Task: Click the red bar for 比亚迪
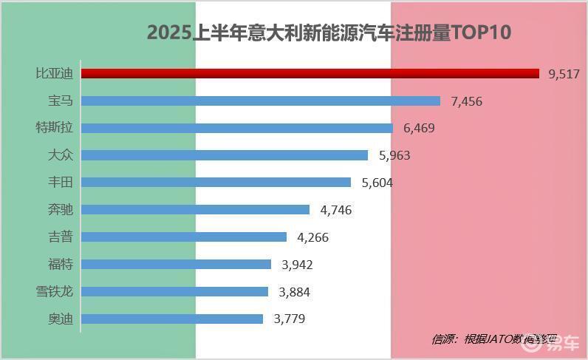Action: click(310, 73)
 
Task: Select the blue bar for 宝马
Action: click(260, 101)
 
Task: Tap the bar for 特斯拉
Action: click(236, 128)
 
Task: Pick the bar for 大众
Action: click(224, 155)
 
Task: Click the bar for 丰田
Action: click(216, 182)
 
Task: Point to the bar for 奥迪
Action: click(171, 319)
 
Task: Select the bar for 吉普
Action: click(183, 237)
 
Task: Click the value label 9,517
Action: click(564, 74)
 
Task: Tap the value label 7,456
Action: click(466, 101)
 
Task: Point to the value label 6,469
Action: click(419, 128)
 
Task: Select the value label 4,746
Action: click(335, 210)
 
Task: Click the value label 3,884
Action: click(294, 292)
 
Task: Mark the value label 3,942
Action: click(298, 265)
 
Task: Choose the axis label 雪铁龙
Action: click(54, 291)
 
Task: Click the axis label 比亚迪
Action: click(54, 74)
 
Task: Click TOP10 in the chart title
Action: click(481, 33)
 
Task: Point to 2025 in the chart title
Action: click(168, 33)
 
